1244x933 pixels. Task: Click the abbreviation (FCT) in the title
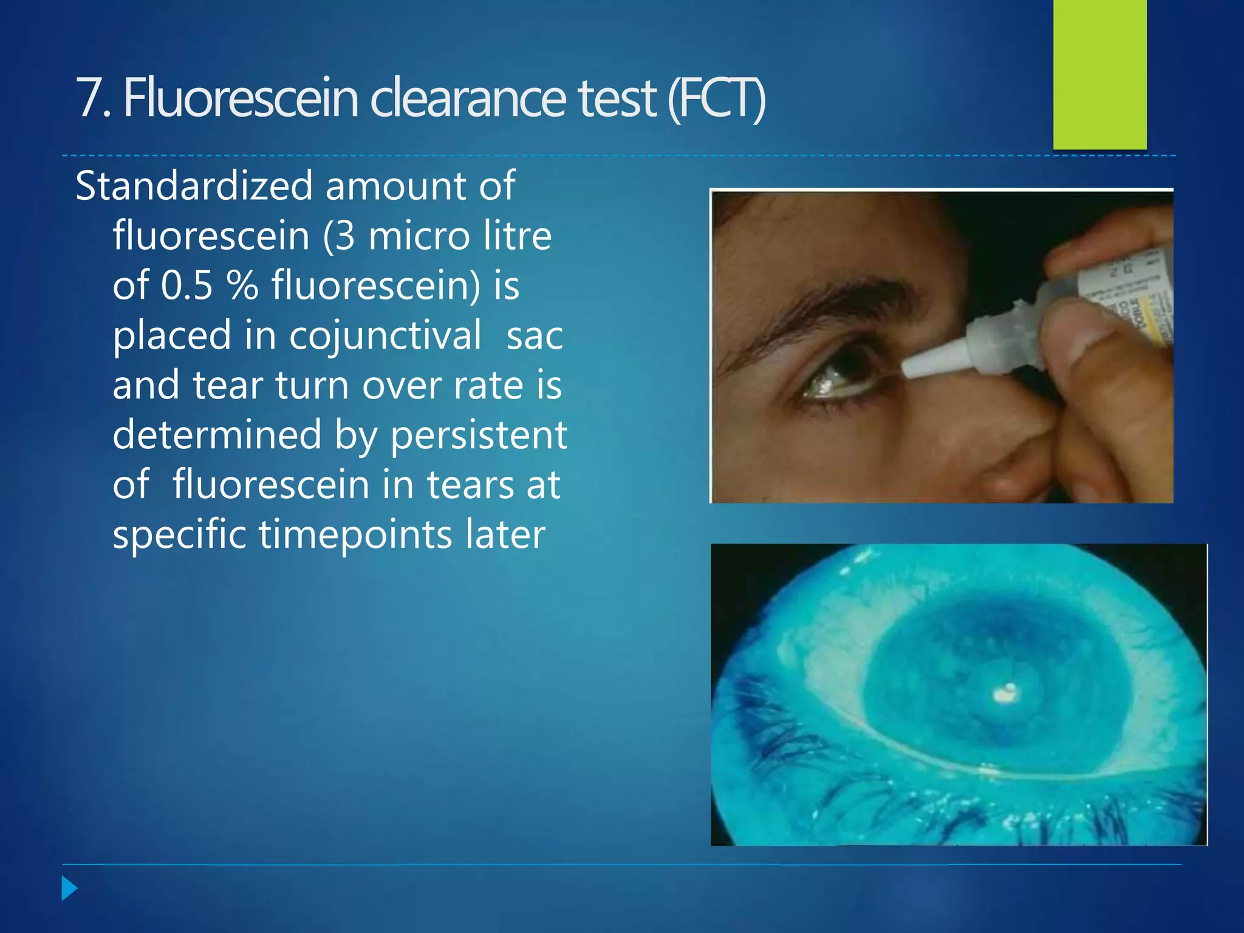pos(717,98)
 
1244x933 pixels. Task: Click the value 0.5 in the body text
pos(187,285)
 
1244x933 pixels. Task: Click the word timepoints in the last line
pos(355,535)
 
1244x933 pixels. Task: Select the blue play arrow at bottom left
pos(69,889)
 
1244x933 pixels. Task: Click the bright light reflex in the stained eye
pos(1005,692)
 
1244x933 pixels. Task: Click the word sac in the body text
pos(535,336)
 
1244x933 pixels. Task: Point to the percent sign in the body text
pos(242,285)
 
